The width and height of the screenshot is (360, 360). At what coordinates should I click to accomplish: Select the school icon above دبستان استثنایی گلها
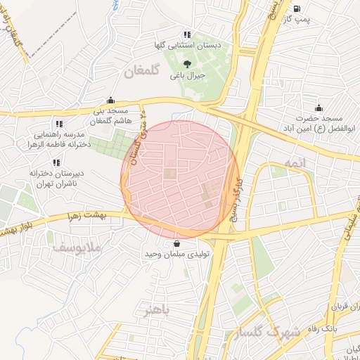click(x=186, y=34)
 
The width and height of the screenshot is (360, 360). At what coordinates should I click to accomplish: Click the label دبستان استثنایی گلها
click(x=188, y=45)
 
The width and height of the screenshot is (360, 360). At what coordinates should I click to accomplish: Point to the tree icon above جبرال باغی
click(x=186, y=63)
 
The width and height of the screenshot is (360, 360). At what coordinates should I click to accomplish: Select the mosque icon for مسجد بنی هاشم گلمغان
click(x=110, y=101)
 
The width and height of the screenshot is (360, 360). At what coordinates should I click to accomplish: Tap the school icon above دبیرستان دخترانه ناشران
click(x=56, y=162)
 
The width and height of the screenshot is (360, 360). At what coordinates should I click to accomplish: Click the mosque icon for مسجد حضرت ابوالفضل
click(x=319, y=108)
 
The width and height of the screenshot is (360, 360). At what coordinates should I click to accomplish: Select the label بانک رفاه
click(x=342, y=328)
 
